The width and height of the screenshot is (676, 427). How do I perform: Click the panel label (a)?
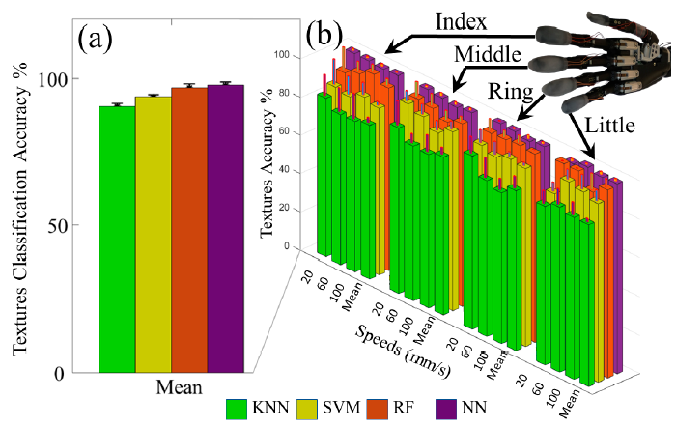pos(100,43)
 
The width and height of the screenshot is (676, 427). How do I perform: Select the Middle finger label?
pos(493,50)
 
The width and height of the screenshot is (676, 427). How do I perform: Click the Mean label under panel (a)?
pos(179,387)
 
